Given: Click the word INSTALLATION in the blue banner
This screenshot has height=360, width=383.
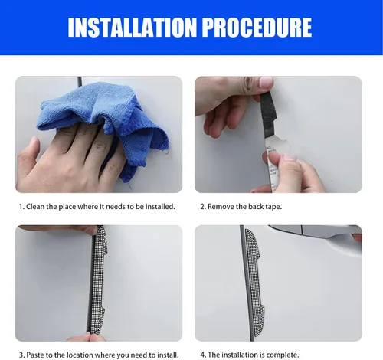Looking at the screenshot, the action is pyautogui.click(x=132, y=28).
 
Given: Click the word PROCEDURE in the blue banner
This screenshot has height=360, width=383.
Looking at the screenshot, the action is pyautogui.click(x=257, y=28).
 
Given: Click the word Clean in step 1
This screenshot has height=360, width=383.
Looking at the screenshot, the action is pyautogui.click(x=35, y=206).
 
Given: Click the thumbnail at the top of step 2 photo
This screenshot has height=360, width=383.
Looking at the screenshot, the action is pyautogui.click(x=266, y=82).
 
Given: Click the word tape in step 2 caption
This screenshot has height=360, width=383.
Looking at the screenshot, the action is pyautogui.click(x=274, y=206).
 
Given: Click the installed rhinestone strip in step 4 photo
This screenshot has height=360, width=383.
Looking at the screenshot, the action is pyautogui.click(x=255, y=278).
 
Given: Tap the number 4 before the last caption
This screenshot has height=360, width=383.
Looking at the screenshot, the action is pyautogui.click(x=203, y=355).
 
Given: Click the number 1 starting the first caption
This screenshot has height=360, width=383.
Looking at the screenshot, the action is pyautogui.click(x=21, y=206).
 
